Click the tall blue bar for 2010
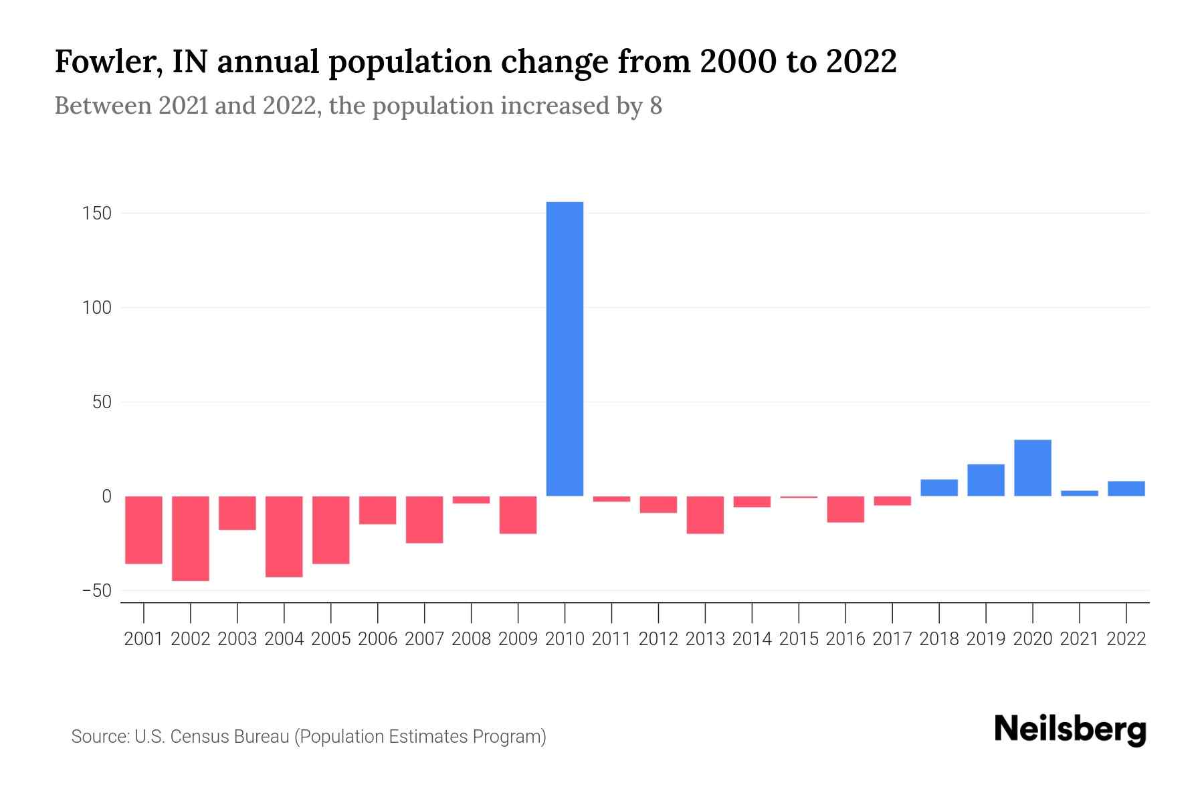coord(565,349)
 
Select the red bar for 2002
coord(191,538)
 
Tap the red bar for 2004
coord(284,536)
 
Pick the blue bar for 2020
coord(1032,468)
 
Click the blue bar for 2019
coord(985,480)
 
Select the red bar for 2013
coord(705,515)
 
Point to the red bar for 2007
coord(424,519)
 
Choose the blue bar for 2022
coord(1126,488)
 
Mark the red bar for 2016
coord(845,509)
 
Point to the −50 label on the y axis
coord(96,591)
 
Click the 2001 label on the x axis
coord(144,639)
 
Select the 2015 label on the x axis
coord(799,639)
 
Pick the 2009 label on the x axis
coord(518,639)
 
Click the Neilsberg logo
coord(1070,730)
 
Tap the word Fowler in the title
coord(108,62)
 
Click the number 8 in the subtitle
coord(656,106)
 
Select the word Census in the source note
coord(197,737)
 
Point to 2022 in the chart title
coord(861,62)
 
